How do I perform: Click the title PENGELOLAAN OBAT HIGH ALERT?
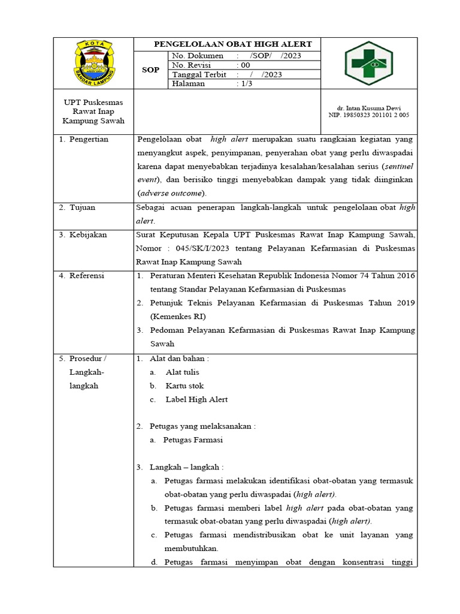coord(233,44)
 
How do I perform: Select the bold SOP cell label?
coord(150,70)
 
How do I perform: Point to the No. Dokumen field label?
coord(197,56)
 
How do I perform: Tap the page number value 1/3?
coord(246,84)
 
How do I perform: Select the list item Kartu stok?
coord(184,386)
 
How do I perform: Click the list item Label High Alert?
coord(196,399)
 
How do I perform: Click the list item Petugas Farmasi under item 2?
coord(193,440)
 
